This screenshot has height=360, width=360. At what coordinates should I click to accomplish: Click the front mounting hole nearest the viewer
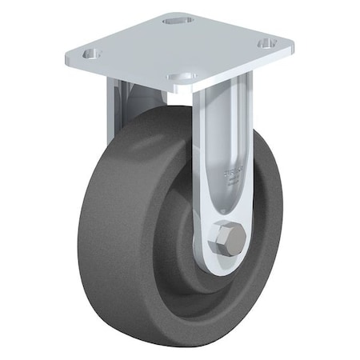click(182, 78)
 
